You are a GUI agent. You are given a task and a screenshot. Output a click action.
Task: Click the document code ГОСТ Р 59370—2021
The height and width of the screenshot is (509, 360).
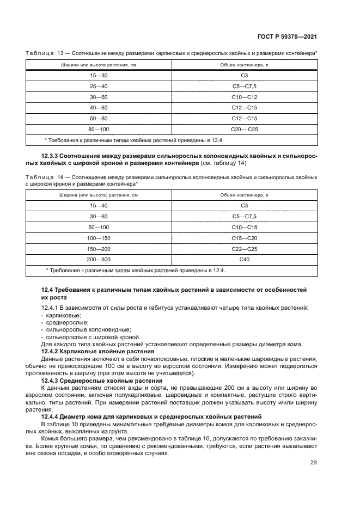pos(288,35)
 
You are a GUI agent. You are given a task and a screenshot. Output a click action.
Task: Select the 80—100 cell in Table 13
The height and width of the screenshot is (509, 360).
pos(99,129)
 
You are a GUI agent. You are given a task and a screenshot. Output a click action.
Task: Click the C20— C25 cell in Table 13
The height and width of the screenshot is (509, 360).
pos(244,129)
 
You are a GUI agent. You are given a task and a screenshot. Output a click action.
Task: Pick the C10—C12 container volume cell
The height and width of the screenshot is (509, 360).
pos(244,96)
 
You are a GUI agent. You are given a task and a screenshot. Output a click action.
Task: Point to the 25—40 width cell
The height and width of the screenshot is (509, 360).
pos(99,86)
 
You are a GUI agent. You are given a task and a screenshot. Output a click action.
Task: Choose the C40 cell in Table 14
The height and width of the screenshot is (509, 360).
pos(244,259)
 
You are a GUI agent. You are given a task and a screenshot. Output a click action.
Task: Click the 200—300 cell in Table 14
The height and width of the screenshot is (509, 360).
pos(99,259)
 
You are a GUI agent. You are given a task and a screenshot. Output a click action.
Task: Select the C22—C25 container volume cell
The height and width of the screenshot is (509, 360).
pos(244,248)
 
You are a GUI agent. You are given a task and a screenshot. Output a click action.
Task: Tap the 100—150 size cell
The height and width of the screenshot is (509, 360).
pos(99,237)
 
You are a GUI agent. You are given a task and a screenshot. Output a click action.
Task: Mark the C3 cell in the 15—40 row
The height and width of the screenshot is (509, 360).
pos(244,205)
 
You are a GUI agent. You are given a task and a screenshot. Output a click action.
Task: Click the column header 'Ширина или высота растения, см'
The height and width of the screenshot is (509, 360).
pos(99,65)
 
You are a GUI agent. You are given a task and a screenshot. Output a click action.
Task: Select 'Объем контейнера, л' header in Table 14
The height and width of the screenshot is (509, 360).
pos(244,194)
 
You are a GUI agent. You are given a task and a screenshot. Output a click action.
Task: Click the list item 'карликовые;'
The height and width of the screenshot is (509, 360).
pos(64,315)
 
